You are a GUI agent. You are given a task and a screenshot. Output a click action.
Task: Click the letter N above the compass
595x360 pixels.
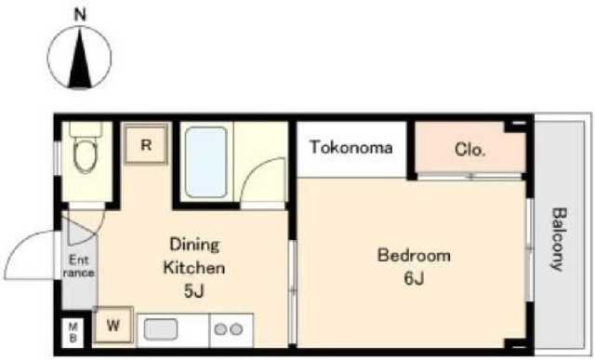80,15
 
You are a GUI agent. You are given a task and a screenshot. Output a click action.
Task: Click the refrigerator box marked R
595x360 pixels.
146,145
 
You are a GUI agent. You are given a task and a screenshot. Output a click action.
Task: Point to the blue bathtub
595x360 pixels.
206,162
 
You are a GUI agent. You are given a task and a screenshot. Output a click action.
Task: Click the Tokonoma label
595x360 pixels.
350,147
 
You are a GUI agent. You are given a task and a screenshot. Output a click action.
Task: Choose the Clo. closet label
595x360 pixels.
469,150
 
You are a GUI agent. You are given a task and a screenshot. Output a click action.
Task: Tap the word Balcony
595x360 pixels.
557,239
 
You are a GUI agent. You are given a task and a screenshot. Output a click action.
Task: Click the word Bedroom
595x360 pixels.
414,255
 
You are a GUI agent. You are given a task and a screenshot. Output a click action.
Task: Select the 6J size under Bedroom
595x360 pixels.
414,278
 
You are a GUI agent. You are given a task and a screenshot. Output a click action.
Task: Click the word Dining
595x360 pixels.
194,245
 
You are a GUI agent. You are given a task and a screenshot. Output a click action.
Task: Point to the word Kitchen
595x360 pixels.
194,268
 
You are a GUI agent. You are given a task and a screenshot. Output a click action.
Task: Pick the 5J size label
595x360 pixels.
193,291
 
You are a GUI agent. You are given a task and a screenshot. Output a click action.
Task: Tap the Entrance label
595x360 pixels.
79,266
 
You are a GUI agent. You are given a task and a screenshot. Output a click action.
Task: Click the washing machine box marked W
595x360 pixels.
113,326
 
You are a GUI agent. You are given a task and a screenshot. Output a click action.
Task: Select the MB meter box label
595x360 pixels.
73,332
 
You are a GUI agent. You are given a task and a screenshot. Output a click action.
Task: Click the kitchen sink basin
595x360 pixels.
161,329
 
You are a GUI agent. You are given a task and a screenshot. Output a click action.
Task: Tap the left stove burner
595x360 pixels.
220,329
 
